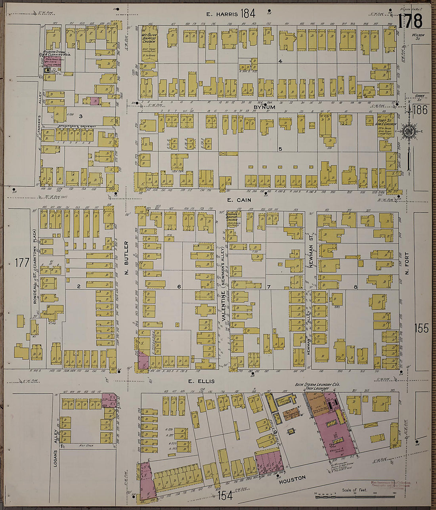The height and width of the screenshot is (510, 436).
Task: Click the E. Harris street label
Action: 222,14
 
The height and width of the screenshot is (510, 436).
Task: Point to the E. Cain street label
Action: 239,200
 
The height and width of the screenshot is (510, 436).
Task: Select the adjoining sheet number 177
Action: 22,262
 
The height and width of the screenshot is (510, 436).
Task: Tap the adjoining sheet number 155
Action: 421,328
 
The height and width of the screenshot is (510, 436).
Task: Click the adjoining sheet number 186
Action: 420,110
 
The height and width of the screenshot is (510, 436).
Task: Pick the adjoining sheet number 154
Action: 225,495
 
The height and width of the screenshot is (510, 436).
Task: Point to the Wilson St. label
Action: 418,36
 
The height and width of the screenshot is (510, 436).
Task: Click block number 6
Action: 179,287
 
